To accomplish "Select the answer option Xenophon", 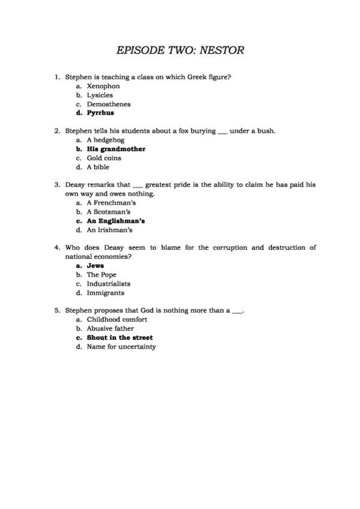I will pos(103,86).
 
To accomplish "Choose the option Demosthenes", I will pos(109,104).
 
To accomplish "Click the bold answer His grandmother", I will pos(116,149).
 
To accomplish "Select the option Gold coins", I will pos(104,158).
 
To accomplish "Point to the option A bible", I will pos(98,167).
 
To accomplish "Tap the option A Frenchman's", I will pos(108,203).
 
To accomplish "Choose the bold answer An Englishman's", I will pos(116,221).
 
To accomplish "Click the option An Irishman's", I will pos(109,230).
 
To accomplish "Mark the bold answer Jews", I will pos(95,265).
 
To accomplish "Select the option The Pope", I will pos(101,274).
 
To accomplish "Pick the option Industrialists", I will pos(109,283).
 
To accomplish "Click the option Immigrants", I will pos(106,292).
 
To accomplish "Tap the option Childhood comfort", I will pos(117,319).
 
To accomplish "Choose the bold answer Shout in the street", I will pos(120,337).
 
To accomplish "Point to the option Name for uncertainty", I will pos(121,346).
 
